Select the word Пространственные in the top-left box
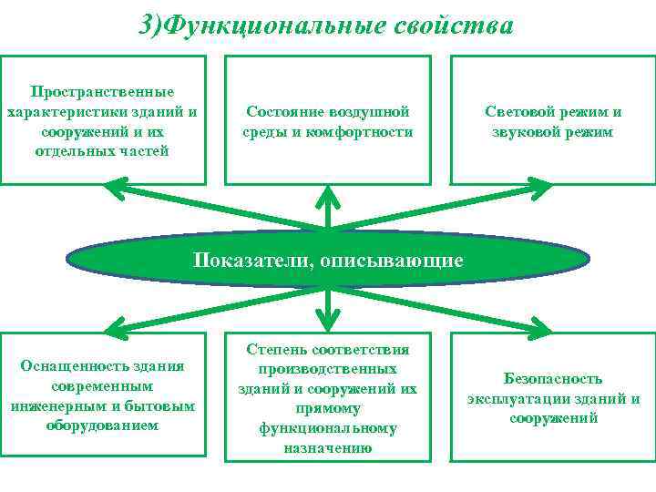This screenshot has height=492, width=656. tap(102, 92)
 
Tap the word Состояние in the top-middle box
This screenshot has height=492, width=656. tap(281, 112)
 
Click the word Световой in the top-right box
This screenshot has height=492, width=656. tap(520, 112)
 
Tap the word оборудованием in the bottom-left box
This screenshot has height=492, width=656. tap(102, 425)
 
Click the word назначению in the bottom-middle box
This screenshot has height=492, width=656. tap(327, 447)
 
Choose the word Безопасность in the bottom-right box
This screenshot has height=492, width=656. tap(553, 378)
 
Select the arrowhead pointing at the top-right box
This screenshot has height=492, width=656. tap(538, 187)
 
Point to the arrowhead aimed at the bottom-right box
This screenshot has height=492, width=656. tap(539, 327)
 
